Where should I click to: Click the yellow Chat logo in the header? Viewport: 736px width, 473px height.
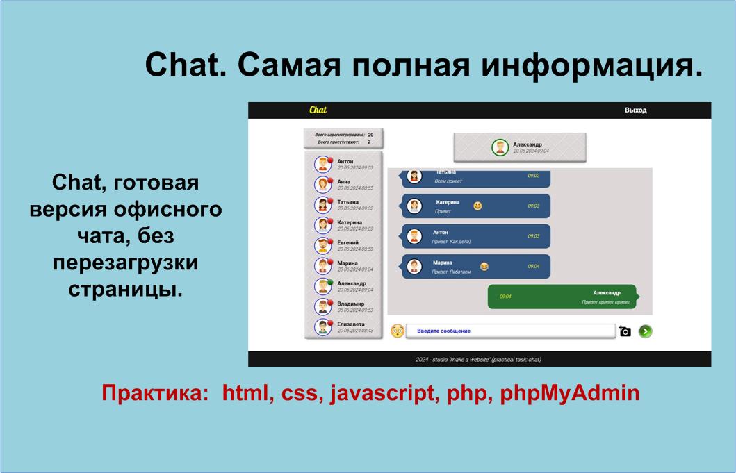pyautogui.click(x=318, y=110)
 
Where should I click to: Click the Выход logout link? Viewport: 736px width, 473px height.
pyautogui.click(x=635, y=110)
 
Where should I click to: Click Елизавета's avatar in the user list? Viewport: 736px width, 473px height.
pyautogui.click(x=322, y=326)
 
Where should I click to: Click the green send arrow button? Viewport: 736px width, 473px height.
pyautogui.click(x=645, y=331)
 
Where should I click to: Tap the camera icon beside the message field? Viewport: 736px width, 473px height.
pyautogui.click(x=625, y=331)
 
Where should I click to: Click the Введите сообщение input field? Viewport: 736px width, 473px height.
pyautogui.click(x=510, y=331)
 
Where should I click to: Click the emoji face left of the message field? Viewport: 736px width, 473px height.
pyautogui.click(x=398, y=331)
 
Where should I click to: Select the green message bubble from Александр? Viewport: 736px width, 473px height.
pyautogui.click(x=562, y=297)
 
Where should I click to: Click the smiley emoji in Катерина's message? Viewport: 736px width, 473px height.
pyautogui.click(x=477, y=206)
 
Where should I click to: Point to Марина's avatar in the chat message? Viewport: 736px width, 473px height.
pyautogui.click(x=414, y=267)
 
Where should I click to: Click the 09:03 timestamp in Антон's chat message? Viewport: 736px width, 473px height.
pyautogui.click(x=533, y=236)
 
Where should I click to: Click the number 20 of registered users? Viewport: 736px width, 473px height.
pyautogui.click(x=370, y=134)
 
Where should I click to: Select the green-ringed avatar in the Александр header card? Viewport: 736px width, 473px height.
pyautogui.click(x=500, y=147)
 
